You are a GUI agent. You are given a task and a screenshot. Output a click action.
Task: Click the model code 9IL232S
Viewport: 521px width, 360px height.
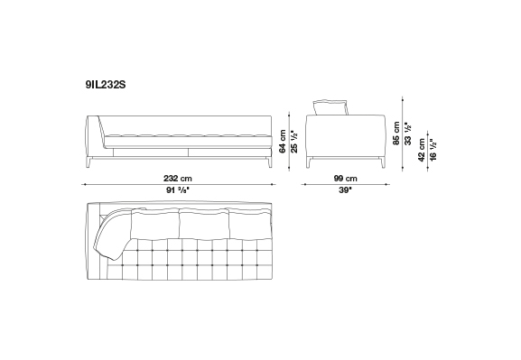[x=106, y=85]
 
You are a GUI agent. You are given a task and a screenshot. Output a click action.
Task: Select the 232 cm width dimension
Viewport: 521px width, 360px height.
[x=178, y=179]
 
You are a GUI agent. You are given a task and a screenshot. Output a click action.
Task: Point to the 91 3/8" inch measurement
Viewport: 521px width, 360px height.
[x=178, y=190]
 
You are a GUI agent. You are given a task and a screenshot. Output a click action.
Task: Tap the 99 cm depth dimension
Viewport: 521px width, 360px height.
[x=345, y=179]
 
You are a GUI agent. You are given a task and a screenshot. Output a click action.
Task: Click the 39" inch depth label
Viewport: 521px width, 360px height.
[x=346, y=190]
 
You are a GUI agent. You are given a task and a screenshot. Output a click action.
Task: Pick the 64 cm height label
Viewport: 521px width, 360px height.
[x=283, y=141]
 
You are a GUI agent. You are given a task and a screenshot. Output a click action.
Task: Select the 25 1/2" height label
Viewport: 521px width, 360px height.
[x=294, y=143]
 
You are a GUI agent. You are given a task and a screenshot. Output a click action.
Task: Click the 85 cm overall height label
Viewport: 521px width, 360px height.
[x=396, y=133]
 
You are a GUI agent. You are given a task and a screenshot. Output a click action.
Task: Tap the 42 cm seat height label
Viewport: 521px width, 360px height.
[x=422, y=150]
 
